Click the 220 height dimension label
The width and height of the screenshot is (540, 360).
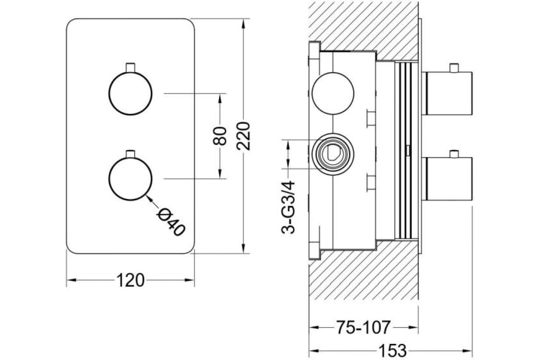click(x=243, y=136)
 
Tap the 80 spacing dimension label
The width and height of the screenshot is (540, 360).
click(x=220, y=136)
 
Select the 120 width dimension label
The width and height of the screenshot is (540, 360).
click(x=130, y=280)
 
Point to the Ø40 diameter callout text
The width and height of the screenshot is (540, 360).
click(x=171, y=222)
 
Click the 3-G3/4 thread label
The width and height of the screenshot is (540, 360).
click(x=288, y=207)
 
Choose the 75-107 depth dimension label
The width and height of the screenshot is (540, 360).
click(x=363, y=327)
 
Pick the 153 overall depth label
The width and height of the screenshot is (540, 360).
click(x=393, y=351)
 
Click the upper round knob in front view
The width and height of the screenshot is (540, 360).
click(x=130, y=94)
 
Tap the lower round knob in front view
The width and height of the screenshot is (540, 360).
click(x=130, y=179)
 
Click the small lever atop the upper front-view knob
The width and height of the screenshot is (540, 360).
click(x=130, y=68)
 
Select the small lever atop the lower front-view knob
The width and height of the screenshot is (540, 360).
click(x=130, y=153)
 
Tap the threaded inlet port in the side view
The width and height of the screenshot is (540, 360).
click(x=333, y=154)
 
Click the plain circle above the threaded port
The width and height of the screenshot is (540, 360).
click(x=333, y=93)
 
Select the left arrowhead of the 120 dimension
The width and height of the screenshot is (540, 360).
click(x=72, y=280)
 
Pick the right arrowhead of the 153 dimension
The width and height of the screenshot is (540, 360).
click(x=467, y=351)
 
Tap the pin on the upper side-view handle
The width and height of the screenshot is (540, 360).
click(x=454, y=68)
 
